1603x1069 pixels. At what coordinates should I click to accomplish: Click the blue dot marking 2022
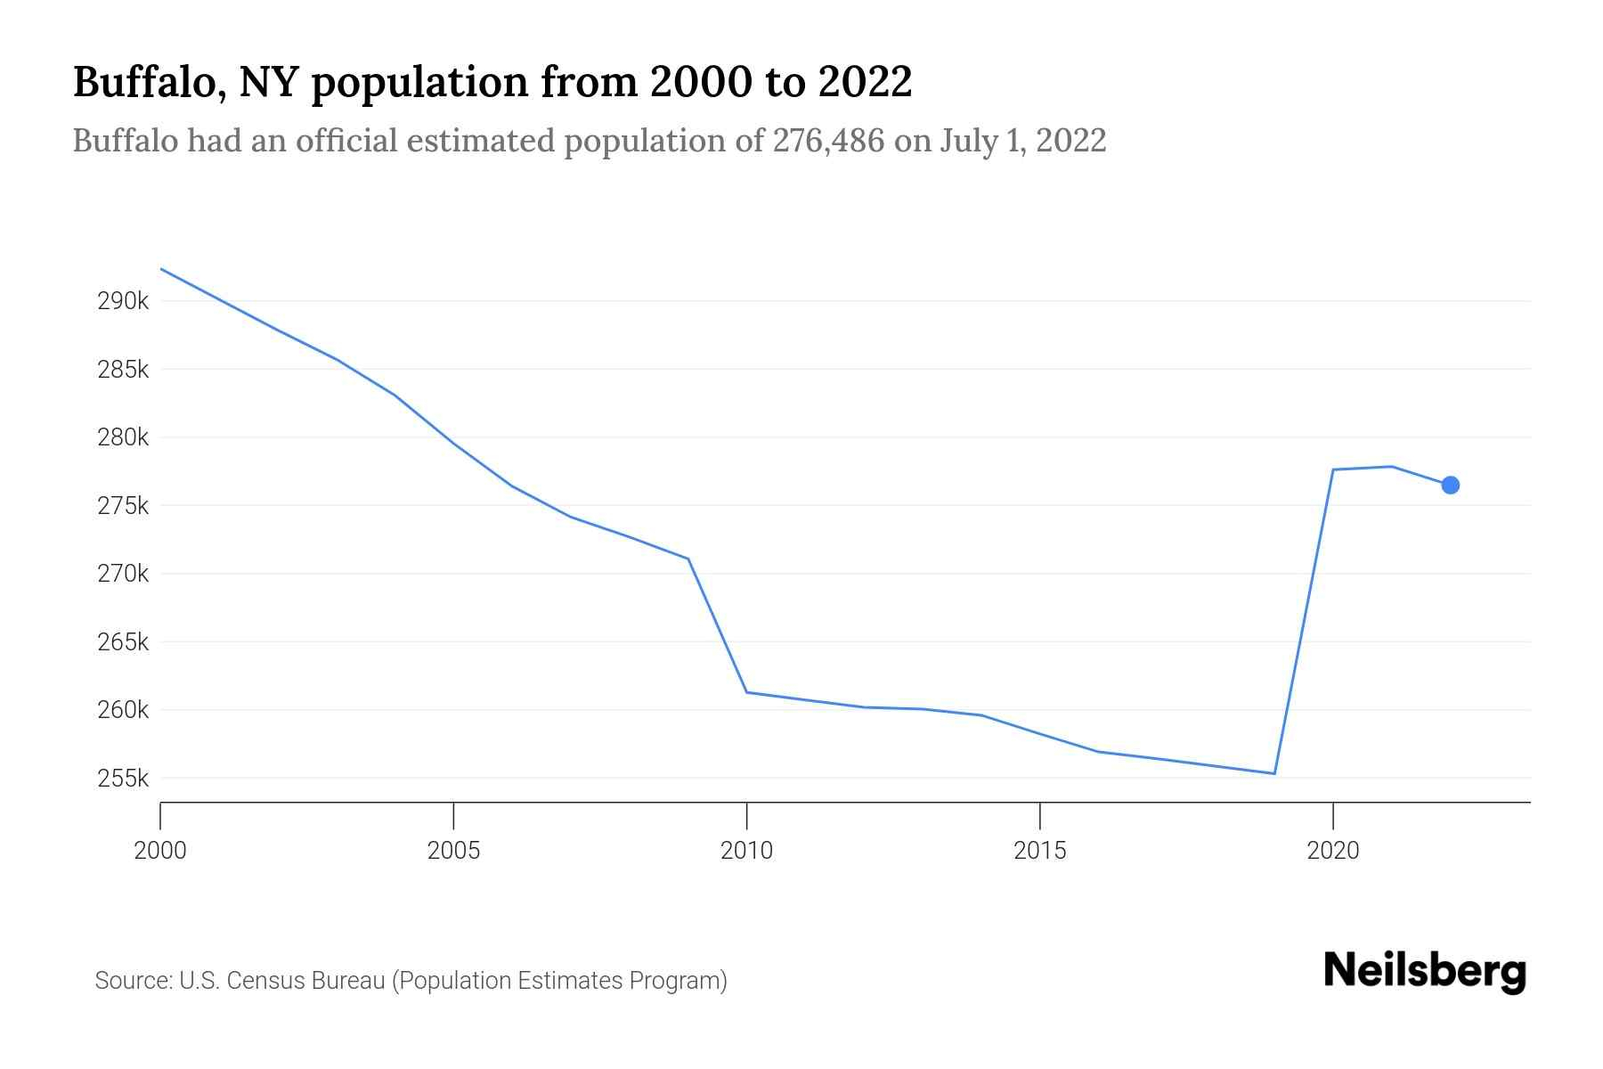tap(1450, 485)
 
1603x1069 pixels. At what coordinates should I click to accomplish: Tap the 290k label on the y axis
tap(123, 301)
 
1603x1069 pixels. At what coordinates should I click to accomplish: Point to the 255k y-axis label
tap(123, 779)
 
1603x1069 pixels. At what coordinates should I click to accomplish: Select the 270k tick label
tap(123, 574)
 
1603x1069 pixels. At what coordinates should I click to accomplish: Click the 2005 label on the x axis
tap(453, 851)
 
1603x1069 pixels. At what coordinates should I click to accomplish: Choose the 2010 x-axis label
tap(746, 851)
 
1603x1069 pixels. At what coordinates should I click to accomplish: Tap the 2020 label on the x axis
tap(1332, 851)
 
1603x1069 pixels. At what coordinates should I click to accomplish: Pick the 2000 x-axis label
tap(160, 851)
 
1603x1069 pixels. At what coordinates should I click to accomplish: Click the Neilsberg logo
tap(1425, 971)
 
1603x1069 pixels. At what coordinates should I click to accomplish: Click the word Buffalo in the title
tap(142, 82)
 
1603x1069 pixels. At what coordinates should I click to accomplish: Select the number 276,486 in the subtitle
tap(828, 141)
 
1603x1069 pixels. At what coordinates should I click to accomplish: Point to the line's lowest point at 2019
tap(1274, 773)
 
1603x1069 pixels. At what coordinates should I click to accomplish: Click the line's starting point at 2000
tap(161, 269)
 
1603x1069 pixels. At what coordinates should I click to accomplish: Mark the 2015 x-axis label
tap(1039, 851)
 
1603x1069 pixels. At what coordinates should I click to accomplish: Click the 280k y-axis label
tap(123, 437)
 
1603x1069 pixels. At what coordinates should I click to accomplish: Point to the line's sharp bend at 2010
tap(746, 692)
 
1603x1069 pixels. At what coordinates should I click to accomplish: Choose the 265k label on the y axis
tap(123, 642)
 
